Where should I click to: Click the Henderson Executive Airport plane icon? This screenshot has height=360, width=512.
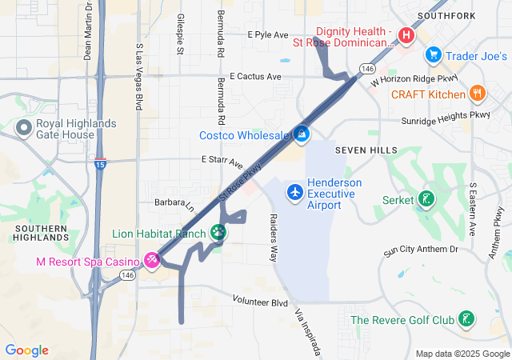tap(295, 192)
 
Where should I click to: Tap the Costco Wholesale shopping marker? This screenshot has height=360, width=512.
tap(302, 134)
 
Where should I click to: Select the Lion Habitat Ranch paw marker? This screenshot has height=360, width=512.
tap(218, 233)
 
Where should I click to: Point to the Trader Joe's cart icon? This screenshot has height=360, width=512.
tap(434, 55)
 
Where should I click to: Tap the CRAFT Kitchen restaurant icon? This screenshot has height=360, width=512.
tap(478, 94)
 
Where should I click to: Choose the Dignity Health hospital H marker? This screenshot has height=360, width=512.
tap(406, 36)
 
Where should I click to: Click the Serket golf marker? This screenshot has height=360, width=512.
tap(427, 199)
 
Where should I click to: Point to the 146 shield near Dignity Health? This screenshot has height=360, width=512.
tap(367, 70)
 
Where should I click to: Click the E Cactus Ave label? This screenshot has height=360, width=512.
tap(255, 77)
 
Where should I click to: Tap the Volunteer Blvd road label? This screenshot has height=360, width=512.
tap(260, 303)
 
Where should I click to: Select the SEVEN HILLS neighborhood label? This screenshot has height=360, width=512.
tap(366, 150)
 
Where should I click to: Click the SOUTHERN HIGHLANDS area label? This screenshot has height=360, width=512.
tap(41, 233)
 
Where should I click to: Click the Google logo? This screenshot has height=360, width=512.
tap(27, 350)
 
